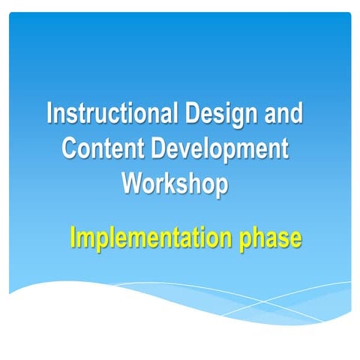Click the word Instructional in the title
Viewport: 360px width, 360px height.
coord(111,115)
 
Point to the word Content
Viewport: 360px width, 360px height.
coord(103,148)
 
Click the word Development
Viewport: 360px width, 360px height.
coord(220,148)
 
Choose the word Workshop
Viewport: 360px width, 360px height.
coord(175,182)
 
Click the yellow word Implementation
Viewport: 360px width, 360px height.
coord(153,238)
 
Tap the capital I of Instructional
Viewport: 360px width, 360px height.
coord(50,115)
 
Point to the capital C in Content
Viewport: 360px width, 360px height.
coord(70,148)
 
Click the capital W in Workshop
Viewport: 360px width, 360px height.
coord(133,182)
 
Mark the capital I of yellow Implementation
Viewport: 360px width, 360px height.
coord(73,238)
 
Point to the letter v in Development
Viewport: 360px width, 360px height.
coord(186,149)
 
